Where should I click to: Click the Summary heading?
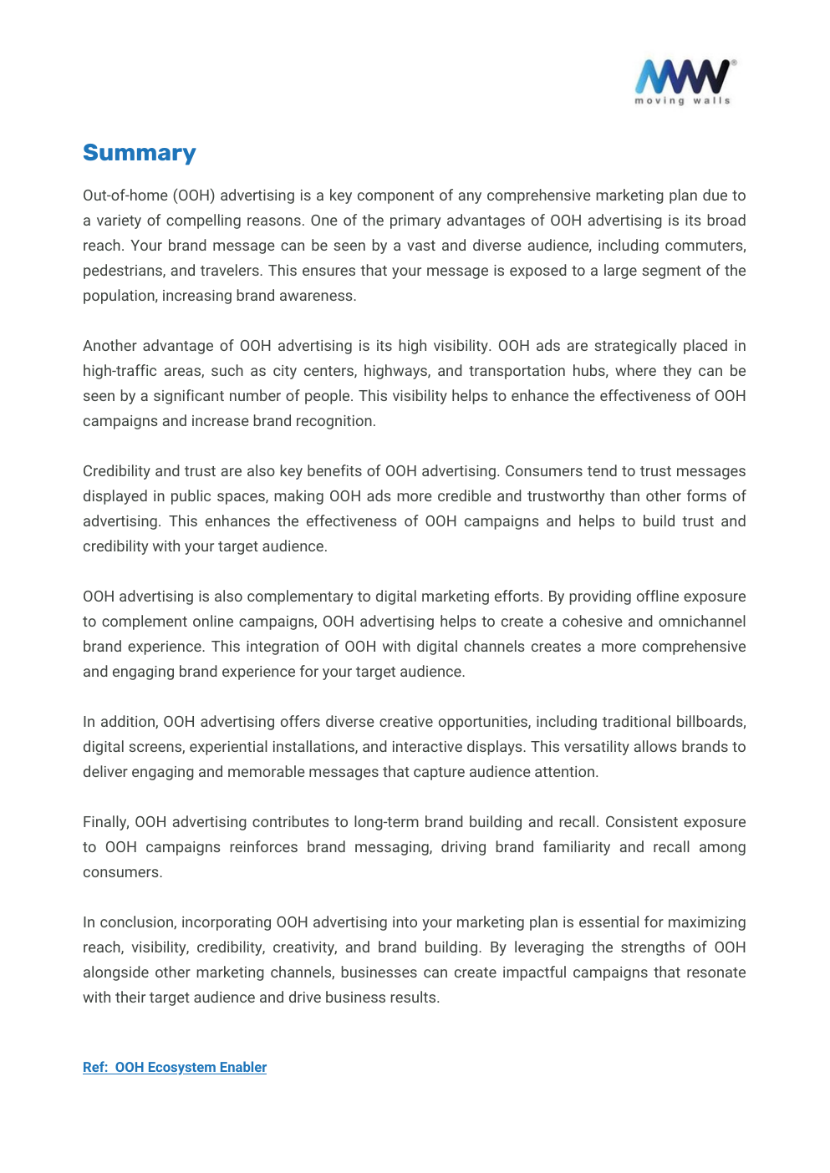point(139,153)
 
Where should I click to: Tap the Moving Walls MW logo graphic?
point(683,77)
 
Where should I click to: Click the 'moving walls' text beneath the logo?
point(682,101)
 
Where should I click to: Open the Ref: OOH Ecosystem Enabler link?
point(175,1067)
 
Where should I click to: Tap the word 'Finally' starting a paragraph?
point(105,822)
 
